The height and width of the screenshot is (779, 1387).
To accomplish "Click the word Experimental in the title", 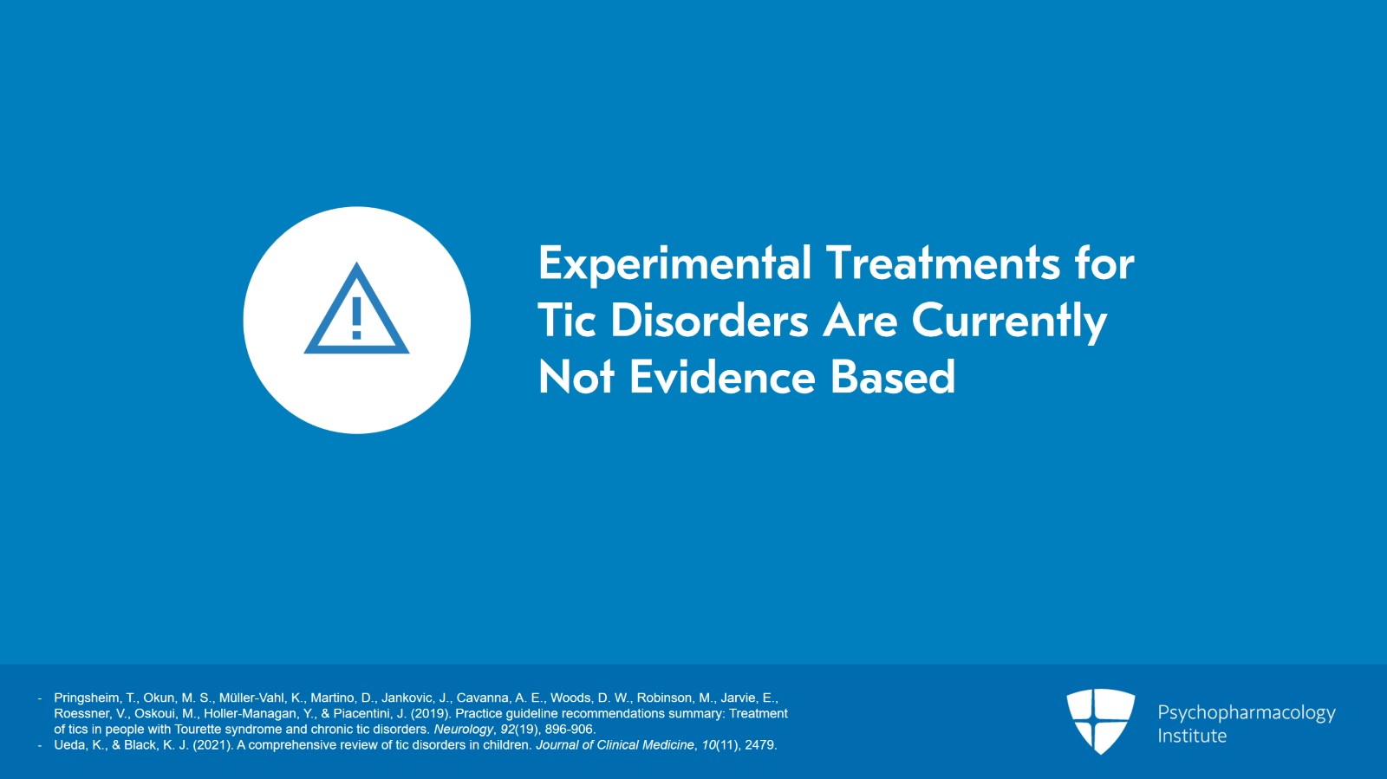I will coord(674,264).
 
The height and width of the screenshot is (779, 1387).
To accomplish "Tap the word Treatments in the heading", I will coord(941,263).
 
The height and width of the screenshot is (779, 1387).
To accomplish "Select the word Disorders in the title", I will coord(709,321).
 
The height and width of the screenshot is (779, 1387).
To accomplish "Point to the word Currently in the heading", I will coord(1009,322).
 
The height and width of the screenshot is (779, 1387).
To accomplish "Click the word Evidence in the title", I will coord(722,378).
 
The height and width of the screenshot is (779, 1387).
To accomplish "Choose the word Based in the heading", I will coord(892,378).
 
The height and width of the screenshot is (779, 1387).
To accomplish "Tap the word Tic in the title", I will coord(566,321).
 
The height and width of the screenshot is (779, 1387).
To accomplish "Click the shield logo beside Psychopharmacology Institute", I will coord(1100,721).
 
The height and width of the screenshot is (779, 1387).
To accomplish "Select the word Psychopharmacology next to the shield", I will coord(1246,712).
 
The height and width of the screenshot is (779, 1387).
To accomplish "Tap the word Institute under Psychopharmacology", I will coord(1192,736).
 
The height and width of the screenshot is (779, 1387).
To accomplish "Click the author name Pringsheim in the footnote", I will coord(87,698).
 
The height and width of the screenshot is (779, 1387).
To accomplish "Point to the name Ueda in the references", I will coord(70,744).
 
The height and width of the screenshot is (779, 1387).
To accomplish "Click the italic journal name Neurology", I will coord(463,729).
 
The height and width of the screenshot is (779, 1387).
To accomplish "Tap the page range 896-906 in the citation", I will coord(570,729).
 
